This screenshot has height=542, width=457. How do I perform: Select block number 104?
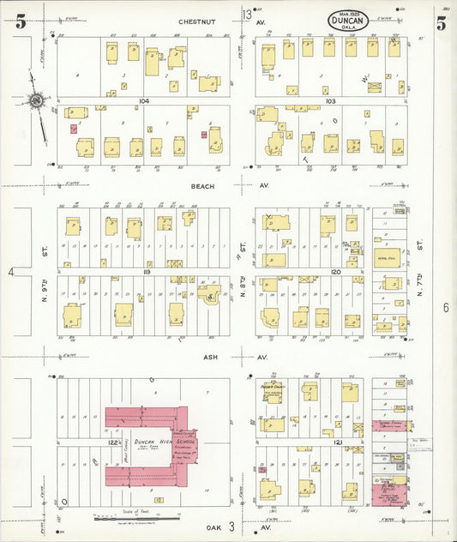click(x=143, y=101)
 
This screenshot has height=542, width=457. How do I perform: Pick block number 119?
click(x=147, y=271)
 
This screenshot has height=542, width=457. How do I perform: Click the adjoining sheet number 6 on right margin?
click(x=446, y=306)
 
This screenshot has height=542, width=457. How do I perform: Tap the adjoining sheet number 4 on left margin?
click(x=12, y=272)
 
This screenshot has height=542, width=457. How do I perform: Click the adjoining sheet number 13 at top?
click(x=247, y=15)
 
